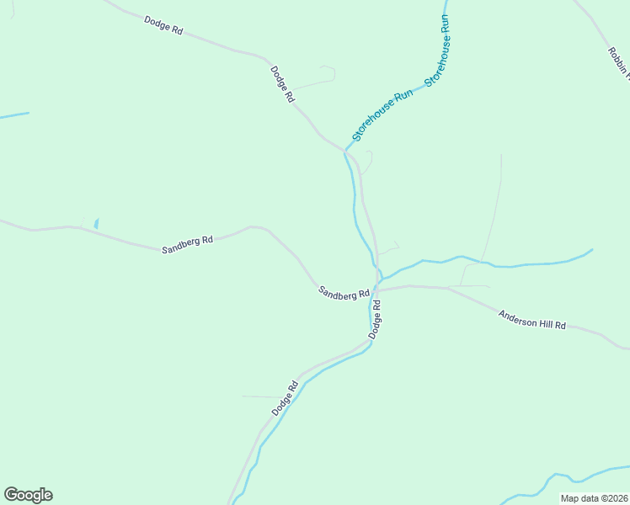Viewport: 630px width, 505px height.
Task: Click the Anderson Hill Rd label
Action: coord(532,319)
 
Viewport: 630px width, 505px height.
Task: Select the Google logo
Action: coord(28,494)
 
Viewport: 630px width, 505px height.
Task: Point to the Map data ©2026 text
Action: coord(594,498)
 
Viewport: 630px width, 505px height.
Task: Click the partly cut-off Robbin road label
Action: coord(618,62)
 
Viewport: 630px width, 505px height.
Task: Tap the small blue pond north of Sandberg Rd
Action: coord(96,223)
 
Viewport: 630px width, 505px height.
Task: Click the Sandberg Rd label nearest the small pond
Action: coord(187,244)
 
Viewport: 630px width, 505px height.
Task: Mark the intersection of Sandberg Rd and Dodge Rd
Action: coord(376,290)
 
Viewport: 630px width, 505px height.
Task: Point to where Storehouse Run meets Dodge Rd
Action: coord(347,150)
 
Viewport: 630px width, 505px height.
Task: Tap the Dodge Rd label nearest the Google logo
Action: coord(286,399)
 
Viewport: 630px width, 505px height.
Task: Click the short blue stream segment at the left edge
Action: coord(14,115)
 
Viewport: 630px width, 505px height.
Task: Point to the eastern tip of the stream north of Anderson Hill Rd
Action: coord(591,250)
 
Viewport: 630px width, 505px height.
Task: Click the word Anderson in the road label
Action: coord(515,316)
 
